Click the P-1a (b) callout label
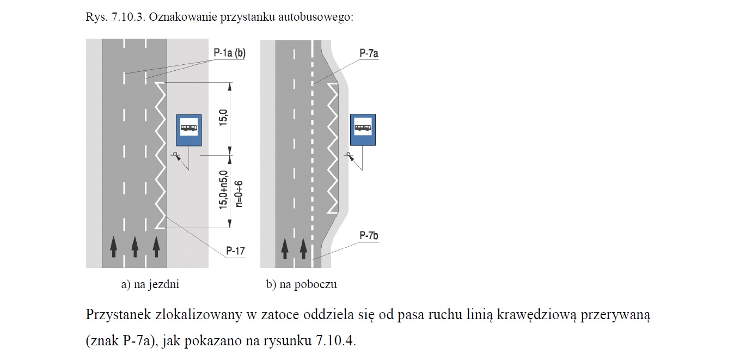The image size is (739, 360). coord(230,53)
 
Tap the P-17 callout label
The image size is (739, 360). coord(236,251)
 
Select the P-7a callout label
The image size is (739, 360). coord(369,53)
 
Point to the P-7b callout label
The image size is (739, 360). coord(369,236)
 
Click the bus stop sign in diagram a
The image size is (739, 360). coord(189,130)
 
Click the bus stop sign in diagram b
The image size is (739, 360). coord(363,130)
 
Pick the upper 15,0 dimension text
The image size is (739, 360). coord(223,118)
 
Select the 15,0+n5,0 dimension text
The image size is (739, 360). coord(223,190)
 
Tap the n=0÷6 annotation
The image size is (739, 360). coord(239,194)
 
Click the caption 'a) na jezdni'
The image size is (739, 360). coord(150,284)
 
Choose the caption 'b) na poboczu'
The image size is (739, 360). coord(302,284)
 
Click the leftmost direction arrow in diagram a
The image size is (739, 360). coord(113,247)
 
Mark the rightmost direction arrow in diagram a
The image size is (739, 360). coord(156,247)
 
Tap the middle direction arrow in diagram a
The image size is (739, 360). coord(135,247)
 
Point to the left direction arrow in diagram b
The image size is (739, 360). coord(285,249)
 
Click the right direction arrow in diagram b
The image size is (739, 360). coord(303,249)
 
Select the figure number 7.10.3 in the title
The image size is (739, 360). coord(129,17)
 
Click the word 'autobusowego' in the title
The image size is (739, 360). coord(316,17)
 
